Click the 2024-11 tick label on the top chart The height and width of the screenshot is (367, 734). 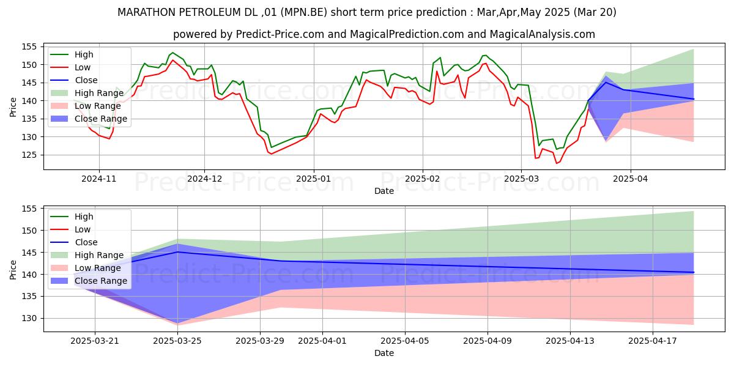click(x=99, y=179)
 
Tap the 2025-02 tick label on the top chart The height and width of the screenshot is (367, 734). click(x=423, y=179)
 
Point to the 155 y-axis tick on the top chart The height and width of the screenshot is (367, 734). click(x=29, y=46)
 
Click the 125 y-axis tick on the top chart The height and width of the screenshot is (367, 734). click(x=29, y=155)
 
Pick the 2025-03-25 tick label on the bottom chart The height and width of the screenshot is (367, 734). click(x=177, y=341)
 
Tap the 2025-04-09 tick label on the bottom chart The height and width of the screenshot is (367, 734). click(x=487, y=341)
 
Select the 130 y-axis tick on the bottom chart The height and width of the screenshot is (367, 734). click(x=29, y=318)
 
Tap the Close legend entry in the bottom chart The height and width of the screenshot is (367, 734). click(x=85, y=242)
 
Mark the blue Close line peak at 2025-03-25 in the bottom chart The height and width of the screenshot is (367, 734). click(x=177, y=252)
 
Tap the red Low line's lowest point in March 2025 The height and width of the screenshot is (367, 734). click(x=557, y=163)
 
